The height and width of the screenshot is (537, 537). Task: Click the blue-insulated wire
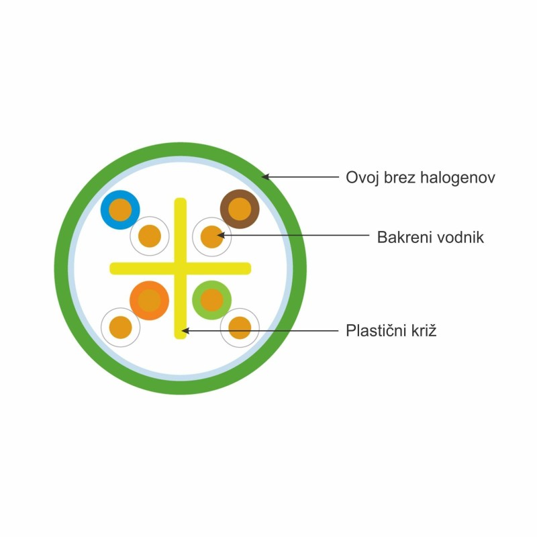click(x=120, y=210)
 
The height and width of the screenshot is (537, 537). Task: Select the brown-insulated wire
click(x=240, y=209)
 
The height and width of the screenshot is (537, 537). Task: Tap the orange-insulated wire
click(x=149, y=301)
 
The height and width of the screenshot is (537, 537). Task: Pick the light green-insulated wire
click(x=211, y=300)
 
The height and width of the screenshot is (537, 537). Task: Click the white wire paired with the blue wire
click(x=150, y=236)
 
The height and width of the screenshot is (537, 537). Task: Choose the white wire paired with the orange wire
click(x=121, y=327)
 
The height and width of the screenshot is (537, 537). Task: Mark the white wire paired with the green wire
click(x=240, y=328)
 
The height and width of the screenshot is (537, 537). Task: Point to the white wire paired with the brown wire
click(x=211, y=237)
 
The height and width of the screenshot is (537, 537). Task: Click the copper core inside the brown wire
click(x=240, y=209)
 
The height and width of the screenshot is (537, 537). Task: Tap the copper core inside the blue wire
click(x=120, y=210)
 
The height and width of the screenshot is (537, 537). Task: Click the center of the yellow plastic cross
click(x=181, y=268)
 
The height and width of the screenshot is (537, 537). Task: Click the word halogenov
click(x=458, y=178)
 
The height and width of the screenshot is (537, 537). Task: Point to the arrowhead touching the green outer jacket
click(x=265, y=177)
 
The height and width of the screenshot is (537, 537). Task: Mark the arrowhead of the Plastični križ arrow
click(x=185, y=331)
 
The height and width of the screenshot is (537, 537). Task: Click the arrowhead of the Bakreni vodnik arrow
click(x=222, y=236)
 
